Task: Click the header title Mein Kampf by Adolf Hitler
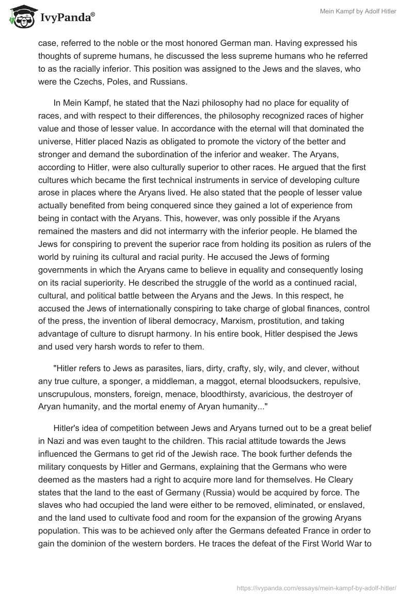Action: (356, 11)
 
